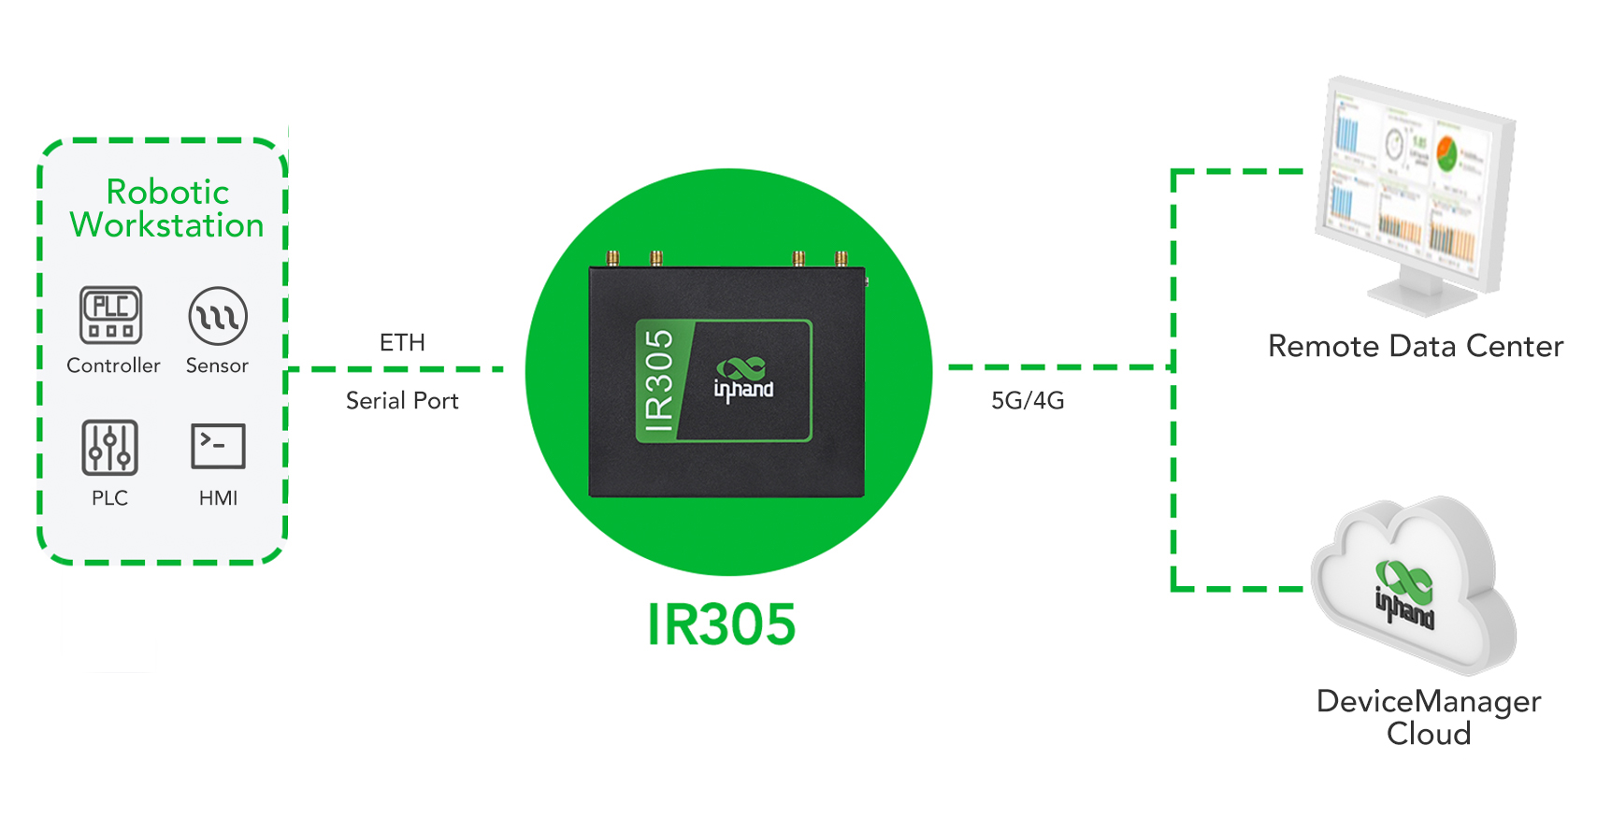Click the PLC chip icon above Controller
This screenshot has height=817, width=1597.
[110, 315]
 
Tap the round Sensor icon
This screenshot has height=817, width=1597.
[218, 316]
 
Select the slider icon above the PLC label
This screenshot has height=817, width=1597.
[109, 448]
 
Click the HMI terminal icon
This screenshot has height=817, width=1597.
[218, 446]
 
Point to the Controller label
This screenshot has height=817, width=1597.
[113, 365]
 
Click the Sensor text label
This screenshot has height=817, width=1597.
[218, 365]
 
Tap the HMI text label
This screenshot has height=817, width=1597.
[218, 497]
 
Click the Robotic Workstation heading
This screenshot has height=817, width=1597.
[166, 208]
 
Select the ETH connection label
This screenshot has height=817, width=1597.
[402, 343]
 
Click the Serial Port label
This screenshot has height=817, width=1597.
[402, 401]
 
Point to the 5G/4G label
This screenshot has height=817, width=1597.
[1028, 401]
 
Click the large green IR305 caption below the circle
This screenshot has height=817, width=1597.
[721, 624]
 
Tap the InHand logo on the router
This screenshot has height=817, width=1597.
[743, 380]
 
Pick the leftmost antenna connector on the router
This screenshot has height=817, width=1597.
[612, 258]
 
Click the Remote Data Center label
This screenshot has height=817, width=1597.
[1416, 347]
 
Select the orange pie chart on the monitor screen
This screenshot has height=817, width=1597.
[1447, 154]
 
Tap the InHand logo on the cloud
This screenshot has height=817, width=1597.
[1404, 595]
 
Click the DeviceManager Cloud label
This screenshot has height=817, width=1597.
[1429, 717]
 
